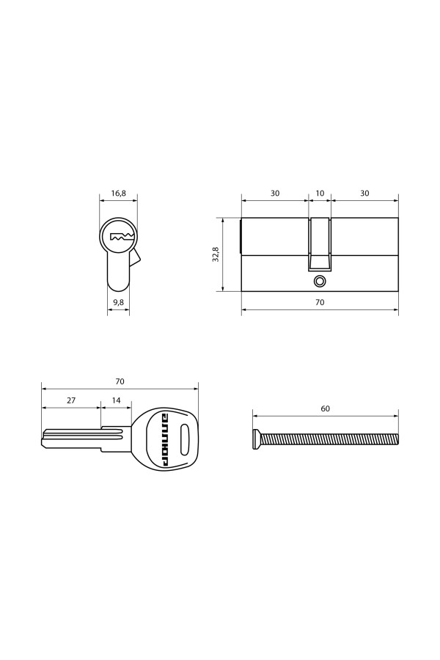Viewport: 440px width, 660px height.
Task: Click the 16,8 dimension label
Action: [x=118, y=193]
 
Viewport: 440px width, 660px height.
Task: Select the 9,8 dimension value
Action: [x=118, y=302]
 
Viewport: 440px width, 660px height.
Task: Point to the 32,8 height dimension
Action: [x=216, y=254]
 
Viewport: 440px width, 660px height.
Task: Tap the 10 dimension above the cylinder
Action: [x=320, y=193]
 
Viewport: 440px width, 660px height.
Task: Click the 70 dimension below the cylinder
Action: [x=320, y=302]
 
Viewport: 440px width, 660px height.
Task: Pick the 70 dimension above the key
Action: [x=120, y=382]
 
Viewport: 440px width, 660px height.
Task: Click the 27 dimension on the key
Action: [x=71, y=400]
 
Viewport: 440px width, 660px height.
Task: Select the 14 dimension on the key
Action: [x=116, y=400]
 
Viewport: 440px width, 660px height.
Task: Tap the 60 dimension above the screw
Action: [x=326, y=408]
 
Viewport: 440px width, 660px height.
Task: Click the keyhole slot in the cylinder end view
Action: [x=122, y=237]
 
